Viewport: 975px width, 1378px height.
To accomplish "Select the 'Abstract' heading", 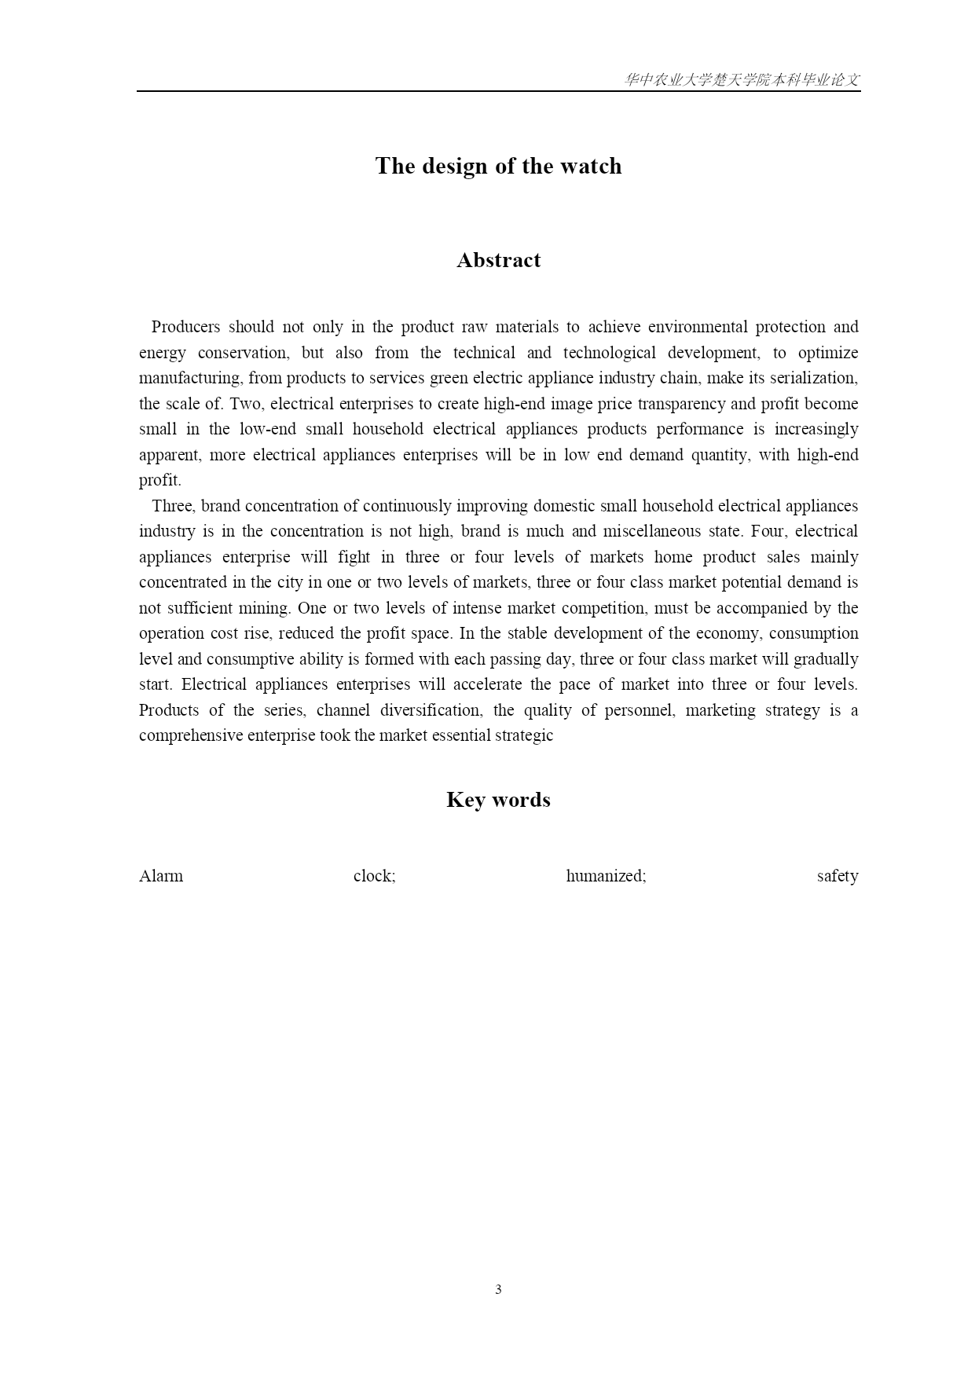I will (498, 260).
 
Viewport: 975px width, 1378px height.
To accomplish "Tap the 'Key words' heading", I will (498, 800).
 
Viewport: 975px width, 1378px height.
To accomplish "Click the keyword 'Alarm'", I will (161, 876).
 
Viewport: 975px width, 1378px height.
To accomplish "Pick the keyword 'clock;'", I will (374, 876).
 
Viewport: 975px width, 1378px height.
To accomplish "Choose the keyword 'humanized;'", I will (606, 876).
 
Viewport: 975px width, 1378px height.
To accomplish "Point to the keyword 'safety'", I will (837, 876).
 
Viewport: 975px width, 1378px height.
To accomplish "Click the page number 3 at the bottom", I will (498, 1289).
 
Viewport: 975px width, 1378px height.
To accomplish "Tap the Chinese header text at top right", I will (742, 80).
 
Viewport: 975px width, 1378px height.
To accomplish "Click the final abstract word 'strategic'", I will (525, 735).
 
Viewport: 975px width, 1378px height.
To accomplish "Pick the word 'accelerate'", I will (486, 684).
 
